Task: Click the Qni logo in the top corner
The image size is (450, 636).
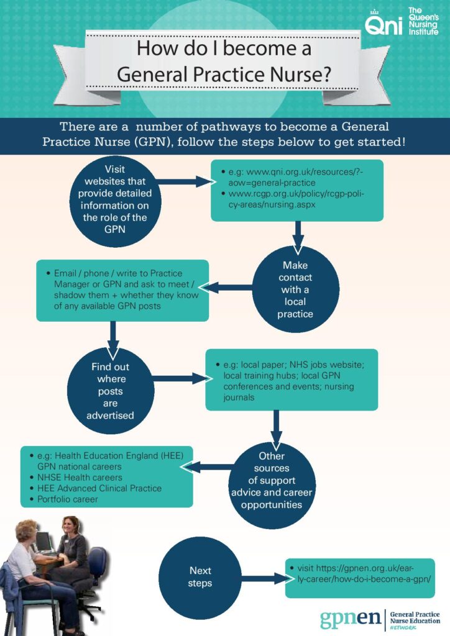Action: tap(402, 22)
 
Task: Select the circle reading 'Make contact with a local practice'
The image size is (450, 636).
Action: tap(296, 289)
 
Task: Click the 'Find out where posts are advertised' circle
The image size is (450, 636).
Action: tap(111, 391)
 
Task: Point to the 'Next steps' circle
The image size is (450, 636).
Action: tap(200, 578)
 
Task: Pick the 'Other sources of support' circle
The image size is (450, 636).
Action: tap(272, 485)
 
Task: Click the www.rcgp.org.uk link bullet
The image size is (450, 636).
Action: tap(296, 199)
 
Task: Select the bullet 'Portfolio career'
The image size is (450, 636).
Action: tap(67, 499)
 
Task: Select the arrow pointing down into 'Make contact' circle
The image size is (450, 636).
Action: tap(298, 238)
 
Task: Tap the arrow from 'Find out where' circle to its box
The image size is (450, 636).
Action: tap(183, 378)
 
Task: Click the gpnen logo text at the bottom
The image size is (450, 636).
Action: tap(350, 619)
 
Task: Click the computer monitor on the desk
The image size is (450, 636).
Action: tap(44, 542)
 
